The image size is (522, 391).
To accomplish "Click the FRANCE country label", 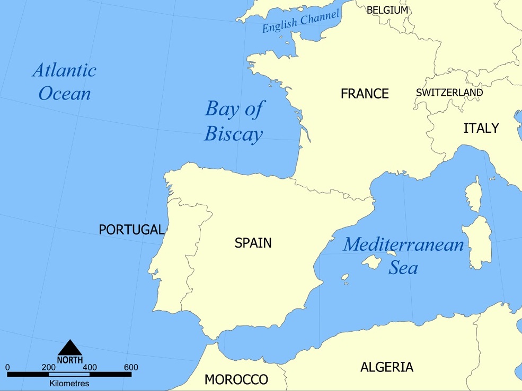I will [x=365, y=94].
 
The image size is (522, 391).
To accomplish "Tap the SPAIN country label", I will [x=253, y=243].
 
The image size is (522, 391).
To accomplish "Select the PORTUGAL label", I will [x=131, y=230].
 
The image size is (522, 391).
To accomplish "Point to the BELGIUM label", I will [x=387, y=10].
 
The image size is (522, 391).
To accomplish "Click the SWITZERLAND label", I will [x=449, y=93].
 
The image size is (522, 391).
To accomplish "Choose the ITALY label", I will [x=481, y=128].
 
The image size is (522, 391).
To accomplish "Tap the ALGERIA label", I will [x=386, y=367].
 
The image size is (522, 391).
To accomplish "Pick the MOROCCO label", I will [x=236, y=379].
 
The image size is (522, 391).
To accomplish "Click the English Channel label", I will [x=300, y=22].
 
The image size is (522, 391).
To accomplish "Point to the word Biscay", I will [x=233, y=134].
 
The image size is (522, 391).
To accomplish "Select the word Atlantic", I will [x=64, y=70].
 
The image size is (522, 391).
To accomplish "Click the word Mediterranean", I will [x=403, y=245].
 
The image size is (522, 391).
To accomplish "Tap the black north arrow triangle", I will [x=70, y=348].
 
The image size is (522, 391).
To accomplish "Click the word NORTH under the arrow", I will [x=70, y=360].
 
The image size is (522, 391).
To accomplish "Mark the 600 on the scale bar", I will [x=131, y=367].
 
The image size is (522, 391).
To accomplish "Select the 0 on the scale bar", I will [x=7, y=367].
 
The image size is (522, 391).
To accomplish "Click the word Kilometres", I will [x=69, y=383].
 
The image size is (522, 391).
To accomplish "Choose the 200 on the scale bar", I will [x=48, y=367].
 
